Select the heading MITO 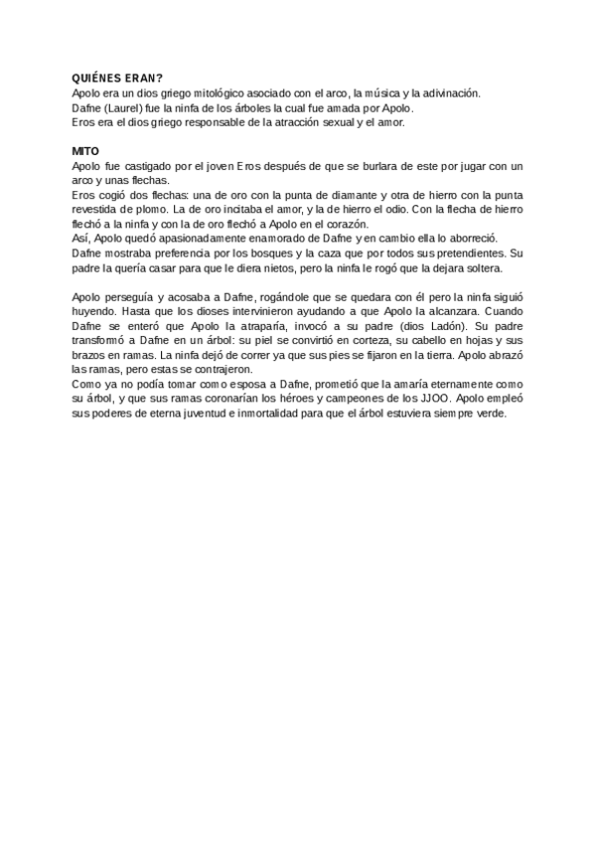85,150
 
